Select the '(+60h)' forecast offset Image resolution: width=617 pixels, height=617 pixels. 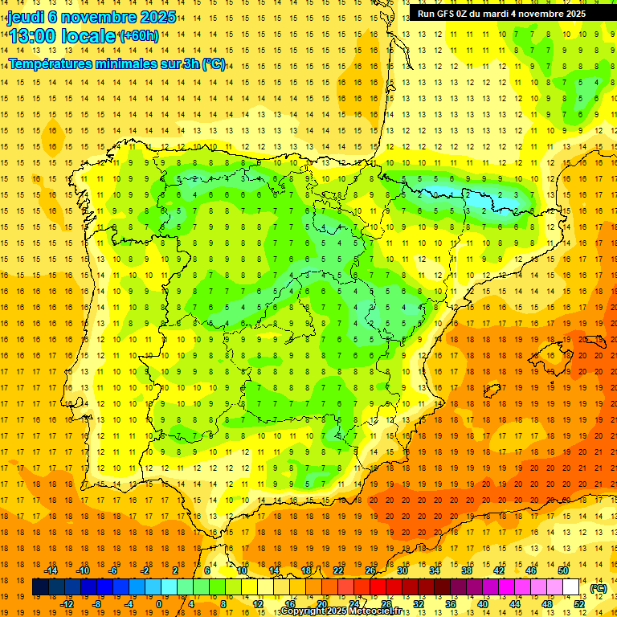tap(139, 35)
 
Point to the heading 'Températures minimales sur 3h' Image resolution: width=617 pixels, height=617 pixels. tap(116, 64)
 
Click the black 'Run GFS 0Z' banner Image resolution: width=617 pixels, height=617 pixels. tap(501, 14)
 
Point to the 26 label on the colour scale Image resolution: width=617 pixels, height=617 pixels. tap(370, 570)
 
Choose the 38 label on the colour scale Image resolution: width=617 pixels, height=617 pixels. tap(466, 570)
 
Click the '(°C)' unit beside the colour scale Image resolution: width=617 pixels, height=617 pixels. tap(599, 588)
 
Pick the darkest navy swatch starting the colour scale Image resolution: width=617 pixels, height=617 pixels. tap(40, 587)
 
